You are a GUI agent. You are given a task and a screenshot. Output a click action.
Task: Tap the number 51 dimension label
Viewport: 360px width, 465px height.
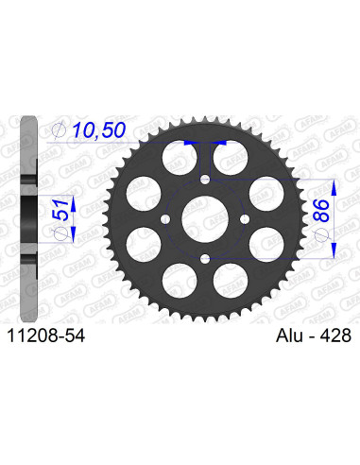click(x=61, y=209)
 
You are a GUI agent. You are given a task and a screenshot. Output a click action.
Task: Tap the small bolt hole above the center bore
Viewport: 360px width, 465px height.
click(x=204, y=179)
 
